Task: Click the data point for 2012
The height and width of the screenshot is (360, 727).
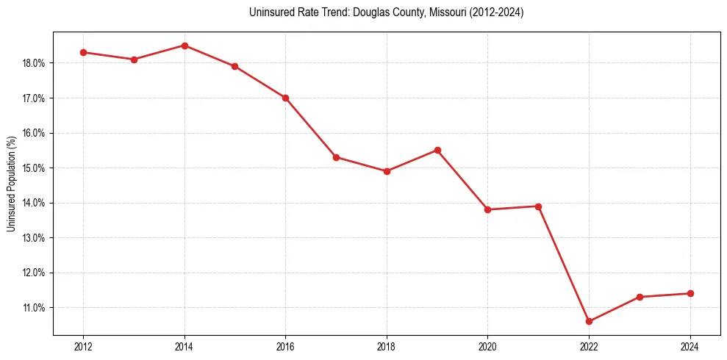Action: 83,52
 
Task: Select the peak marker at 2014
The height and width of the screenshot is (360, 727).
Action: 185,46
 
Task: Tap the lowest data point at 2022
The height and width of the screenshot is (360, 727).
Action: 589,321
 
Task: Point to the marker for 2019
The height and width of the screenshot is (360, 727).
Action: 437,150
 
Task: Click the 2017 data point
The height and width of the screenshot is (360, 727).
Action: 336,157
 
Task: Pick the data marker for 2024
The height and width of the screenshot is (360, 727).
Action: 690,293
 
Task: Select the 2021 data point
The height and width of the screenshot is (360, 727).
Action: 538,206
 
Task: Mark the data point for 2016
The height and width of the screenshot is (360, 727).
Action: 285,98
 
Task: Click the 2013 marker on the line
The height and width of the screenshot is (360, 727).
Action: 134,60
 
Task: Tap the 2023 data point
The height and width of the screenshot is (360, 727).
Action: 640,297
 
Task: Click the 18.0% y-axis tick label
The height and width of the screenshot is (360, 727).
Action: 34,63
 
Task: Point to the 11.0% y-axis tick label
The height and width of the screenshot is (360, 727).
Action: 34,308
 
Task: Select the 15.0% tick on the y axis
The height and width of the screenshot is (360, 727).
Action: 34,168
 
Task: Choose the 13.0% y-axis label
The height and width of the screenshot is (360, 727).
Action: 34,238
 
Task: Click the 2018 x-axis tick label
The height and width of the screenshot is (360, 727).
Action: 387,346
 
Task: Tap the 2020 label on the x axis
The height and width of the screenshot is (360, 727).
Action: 487,346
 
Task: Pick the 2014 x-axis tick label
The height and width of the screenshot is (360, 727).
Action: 185,346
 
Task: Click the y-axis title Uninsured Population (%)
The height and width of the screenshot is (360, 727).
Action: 11,184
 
